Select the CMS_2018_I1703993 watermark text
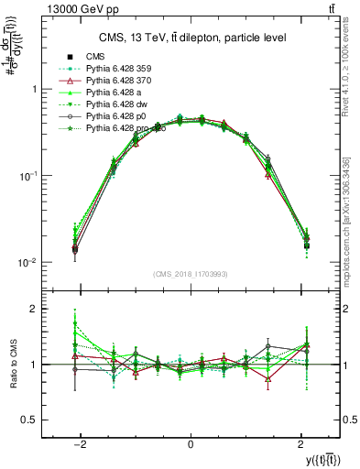(190, 273)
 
